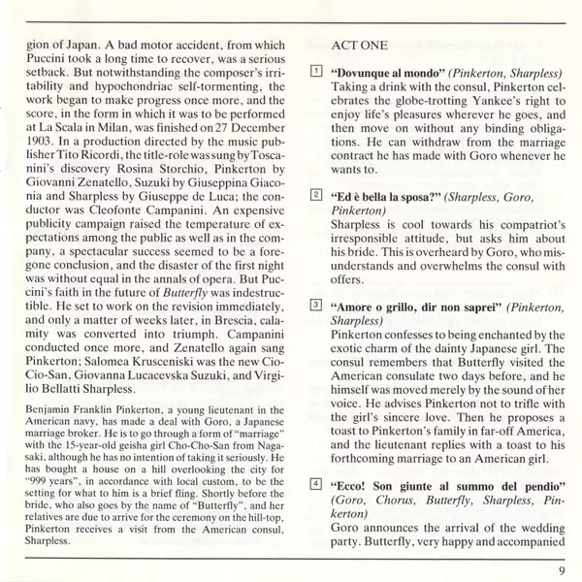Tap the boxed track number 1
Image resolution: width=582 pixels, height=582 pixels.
pos(316,72)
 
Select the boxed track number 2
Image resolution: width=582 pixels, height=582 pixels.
pos(316,195)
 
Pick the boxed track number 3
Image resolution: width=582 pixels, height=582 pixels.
pos(316,304)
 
